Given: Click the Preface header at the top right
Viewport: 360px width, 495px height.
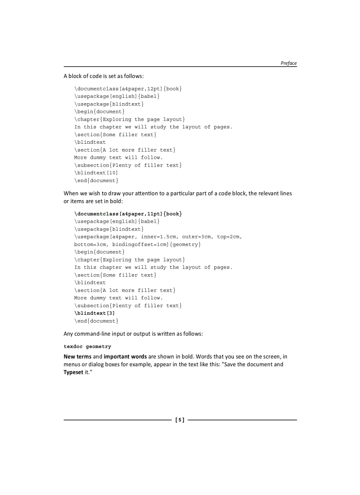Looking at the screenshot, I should point(289,63).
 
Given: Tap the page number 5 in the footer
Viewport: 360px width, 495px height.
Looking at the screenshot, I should point(180,420).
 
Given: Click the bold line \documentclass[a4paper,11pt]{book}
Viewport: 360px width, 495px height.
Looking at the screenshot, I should point(128,214).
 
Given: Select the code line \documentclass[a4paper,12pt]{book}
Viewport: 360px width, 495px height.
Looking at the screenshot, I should point(128,89).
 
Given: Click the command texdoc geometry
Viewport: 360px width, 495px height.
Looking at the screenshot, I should point(87,347).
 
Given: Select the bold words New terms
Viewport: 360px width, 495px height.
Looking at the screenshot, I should point(78,357).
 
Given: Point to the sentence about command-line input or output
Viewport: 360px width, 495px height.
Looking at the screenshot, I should point(133,334).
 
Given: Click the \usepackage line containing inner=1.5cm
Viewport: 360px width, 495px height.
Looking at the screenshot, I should point(158,237).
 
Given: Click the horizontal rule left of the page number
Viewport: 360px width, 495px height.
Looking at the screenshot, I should point(117,420).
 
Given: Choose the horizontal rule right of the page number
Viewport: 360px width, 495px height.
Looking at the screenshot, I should point(242,420).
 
